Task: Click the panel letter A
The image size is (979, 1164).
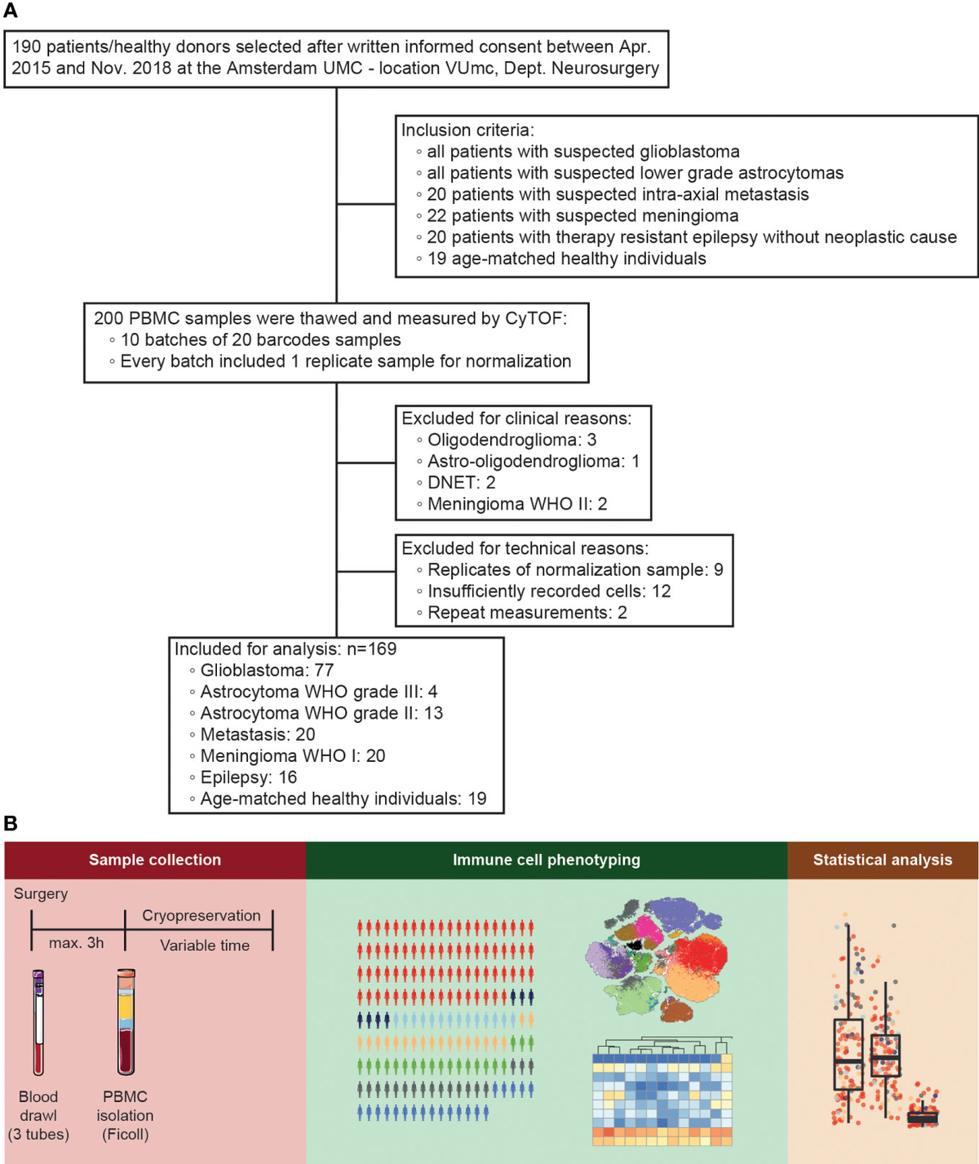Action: pyautogui.click(x=11, y=11)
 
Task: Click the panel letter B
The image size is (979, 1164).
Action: pyautogui.click(x=11, y=823)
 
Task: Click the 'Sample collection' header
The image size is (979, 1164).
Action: pyautogui.click(x=155, y=860)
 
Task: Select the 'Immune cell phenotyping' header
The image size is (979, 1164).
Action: pyautogui.click(x=547, y=860)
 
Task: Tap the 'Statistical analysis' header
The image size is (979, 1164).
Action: pyautogui.click(x=883, y=860)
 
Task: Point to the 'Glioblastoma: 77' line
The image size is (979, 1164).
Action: pyautogui.click(x=267, y=671)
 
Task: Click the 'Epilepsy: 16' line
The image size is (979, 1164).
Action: pyautogui.click(x=248, y=777)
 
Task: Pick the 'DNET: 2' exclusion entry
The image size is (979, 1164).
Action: pyautogui.click(x=461, y=482)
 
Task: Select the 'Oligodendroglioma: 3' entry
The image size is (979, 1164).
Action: pyautogui.click(x=512, y=440)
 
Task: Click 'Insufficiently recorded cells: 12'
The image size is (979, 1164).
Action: pyautogui.click(x=548, y=591)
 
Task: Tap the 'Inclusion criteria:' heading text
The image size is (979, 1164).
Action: pyautogui.click(x=467, y=130)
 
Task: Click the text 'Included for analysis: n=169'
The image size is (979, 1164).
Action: pyautogui.click(x=286, y=649)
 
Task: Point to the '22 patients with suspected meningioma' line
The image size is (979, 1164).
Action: pyautogui.click(x=583, y=215)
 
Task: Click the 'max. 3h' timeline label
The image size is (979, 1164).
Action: pyautogui.click(x=77, y=943)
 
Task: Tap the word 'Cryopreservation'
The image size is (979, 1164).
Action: pyautogui.click(x=202, y=915)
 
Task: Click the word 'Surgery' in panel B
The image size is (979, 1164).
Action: pyautogui.click(x=41, y=893)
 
